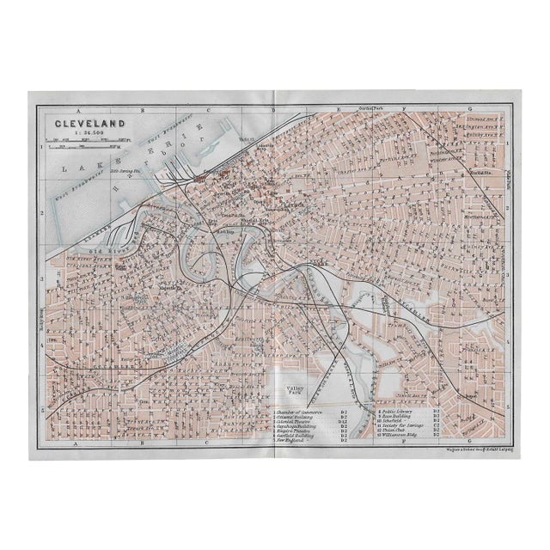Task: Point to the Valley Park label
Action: coord(296,391)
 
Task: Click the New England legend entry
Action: coord(292,442)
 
